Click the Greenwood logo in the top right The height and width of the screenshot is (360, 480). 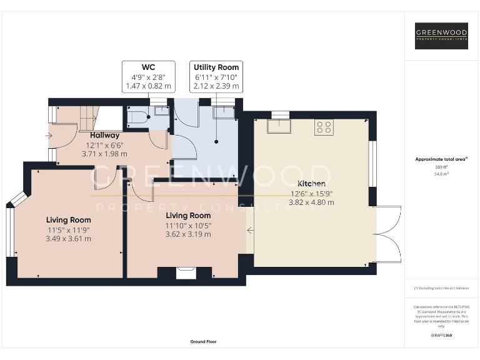(441, 36)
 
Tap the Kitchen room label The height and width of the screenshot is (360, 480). (311, 184)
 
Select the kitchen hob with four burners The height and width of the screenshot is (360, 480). (324, 127)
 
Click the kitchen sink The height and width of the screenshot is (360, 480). (279, 127)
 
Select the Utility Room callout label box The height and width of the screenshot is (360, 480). (216, 77)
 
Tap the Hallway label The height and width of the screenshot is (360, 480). (104, 136)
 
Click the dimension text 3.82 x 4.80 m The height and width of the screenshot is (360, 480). (311, 202)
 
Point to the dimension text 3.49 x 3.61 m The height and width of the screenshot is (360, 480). (69, 238)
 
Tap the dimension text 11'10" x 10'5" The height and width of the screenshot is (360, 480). (187, 226)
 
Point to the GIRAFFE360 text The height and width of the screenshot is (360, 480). (441, 336)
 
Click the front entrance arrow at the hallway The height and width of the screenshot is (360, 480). (48, 135)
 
